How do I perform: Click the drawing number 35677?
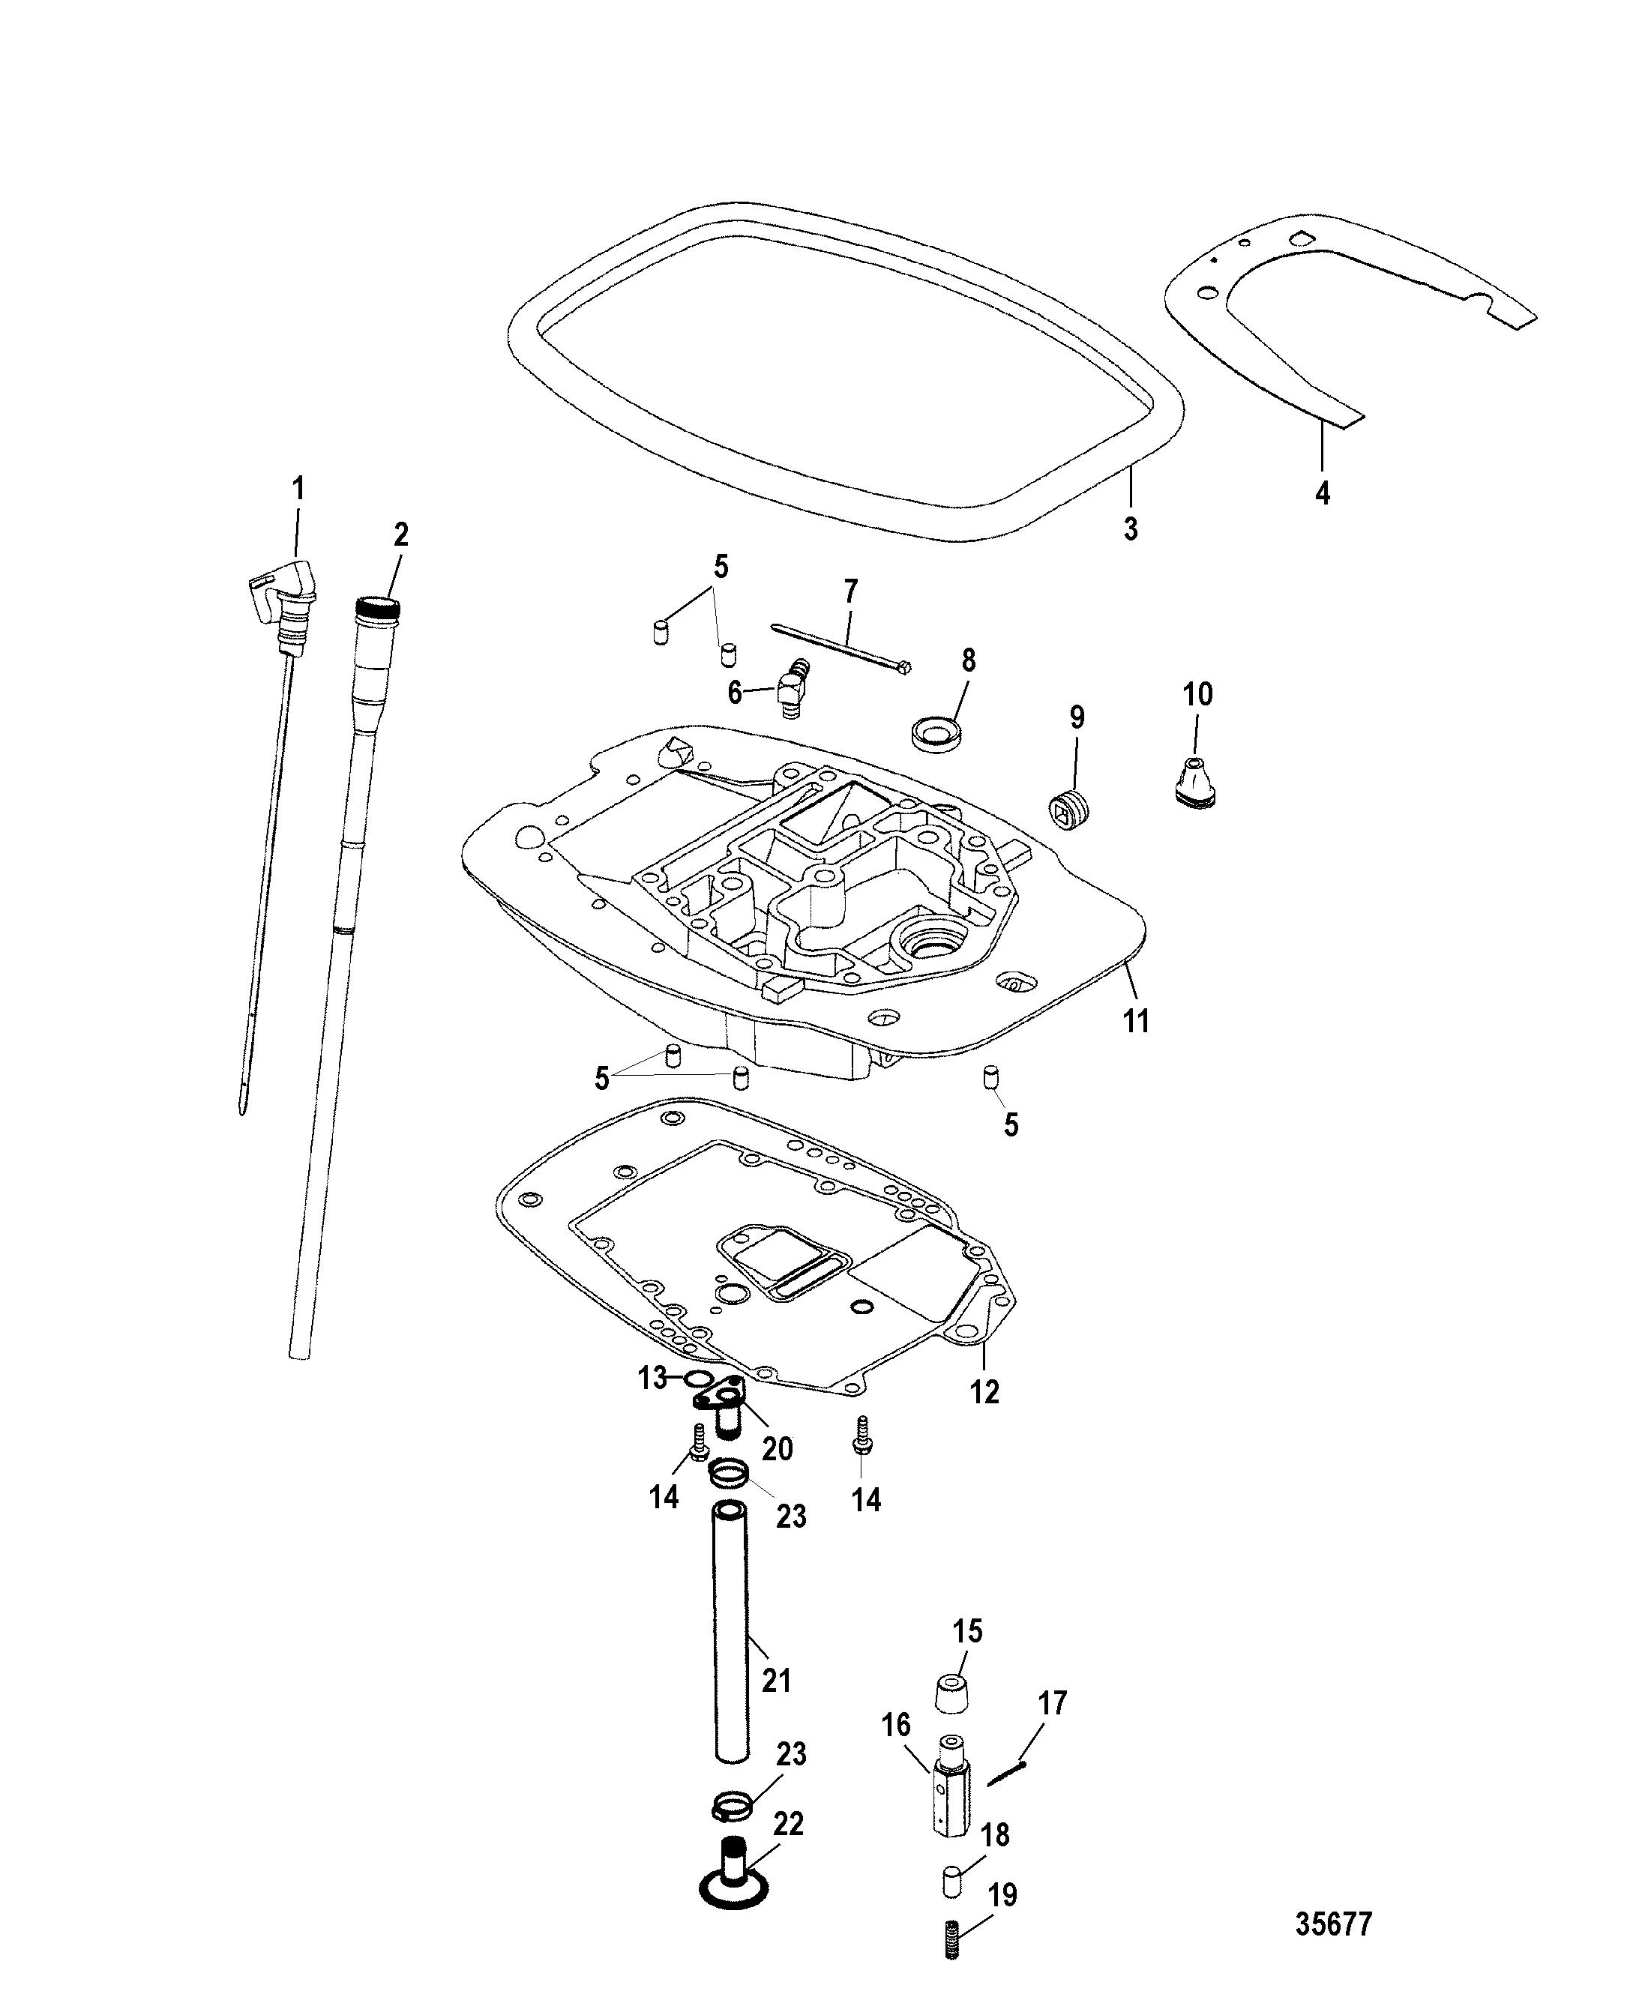[x=1333, y=1924]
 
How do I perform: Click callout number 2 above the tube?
[x=401, y=534]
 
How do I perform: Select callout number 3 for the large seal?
[x=1131, y=528]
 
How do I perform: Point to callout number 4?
[x=1323, y=492]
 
